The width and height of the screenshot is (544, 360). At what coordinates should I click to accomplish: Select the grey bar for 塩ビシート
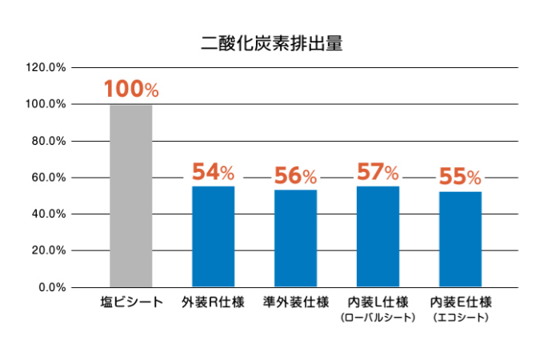(x=130, y=195)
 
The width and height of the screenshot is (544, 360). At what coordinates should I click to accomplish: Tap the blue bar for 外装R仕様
(x=213, y=236)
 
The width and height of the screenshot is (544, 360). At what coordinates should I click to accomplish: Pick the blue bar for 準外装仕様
(x=295, y=238)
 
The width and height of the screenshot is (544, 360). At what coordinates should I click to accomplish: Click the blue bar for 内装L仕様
(x=378, y=236)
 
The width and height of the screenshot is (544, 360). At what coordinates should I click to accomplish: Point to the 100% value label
(x=130, y=90)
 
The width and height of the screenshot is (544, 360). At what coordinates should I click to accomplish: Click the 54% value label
(x=213, y=172)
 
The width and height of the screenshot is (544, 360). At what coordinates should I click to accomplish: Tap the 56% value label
(x=295, y=175)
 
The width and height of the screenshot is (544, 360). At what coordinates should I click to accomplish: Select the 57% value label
(x=378, y=172)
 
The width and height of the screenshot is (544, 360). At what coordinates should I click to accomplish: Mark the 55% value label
(x=460, y=177)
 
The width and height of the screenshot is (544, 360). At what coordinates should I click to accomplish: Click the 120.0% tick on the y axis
(x=46, y=67)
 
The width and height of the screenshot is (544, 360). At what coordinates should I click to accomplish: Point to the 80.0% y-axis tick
(x=48, y=141)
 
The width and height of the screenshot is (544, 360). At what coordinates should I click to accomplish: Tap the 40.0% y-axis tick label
(x=48, y=214)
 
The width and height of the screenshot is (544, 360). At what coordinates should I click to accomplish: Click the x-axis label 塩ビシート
(x=131, y=302)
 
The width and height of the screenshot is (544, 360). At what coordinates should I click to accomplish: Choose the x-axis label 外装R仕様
(x=214, y=302)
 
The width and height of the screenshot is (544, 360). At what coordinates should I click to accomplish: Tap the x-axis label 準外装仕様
(x=296, y=302)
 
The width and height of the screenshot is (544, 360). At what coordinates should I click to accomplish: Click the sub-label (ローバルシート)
(x=378, y=318)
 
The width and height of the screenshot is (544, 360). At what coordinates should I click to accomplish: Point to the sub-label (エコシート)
(x=460, y=318)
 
